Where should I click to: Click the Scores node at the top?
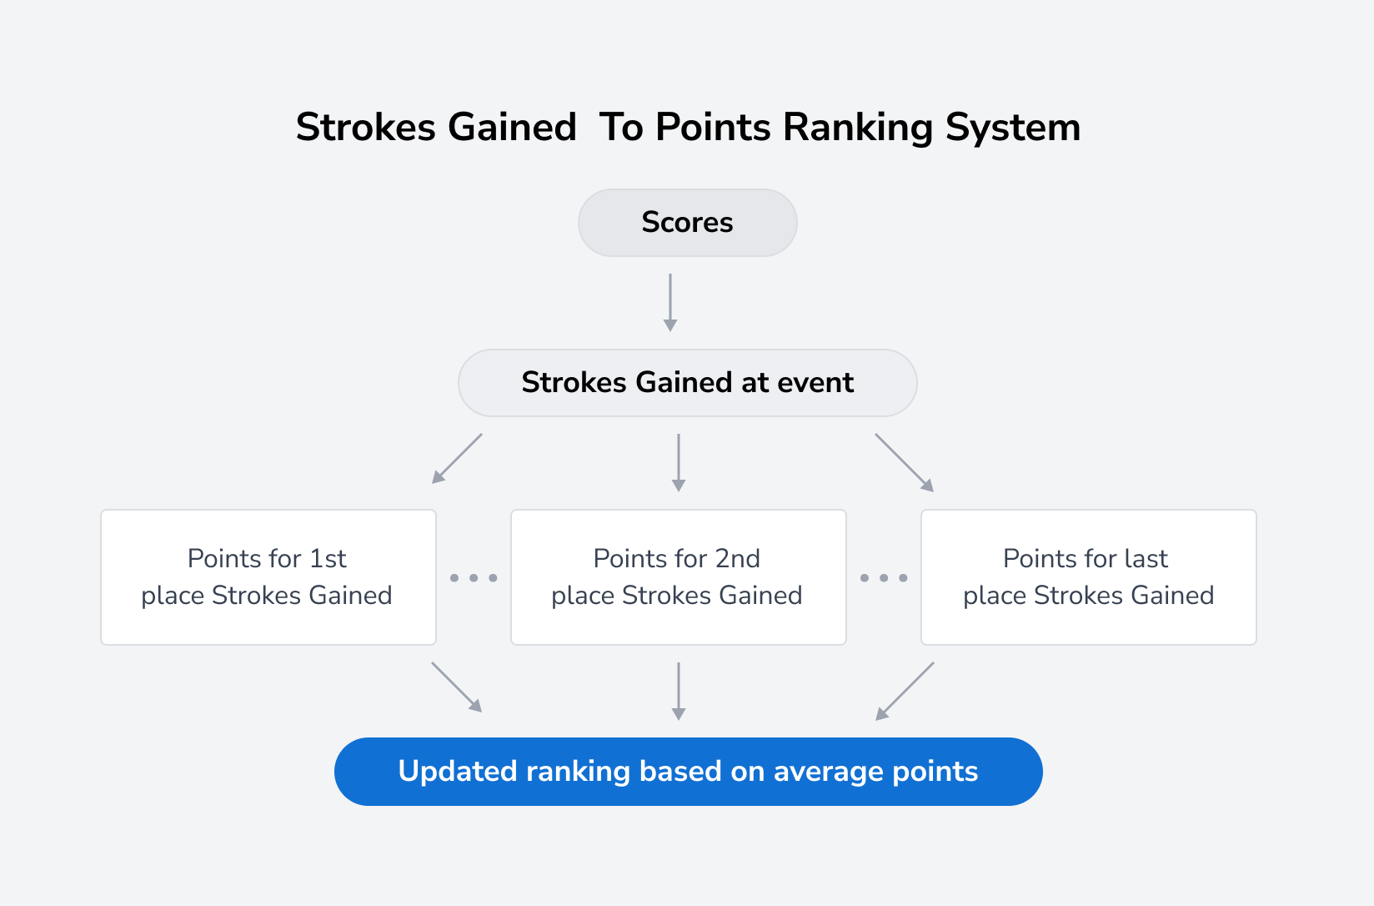point(687,223)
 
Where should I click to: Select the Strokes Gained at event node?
point(687,383)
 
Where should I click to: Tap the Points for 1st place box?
point(268,577)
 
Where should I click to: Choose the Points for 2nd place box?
point(678,577)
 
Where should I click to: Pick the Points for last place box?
point(1088,577)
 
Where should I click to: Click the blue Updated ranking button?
point(688,772)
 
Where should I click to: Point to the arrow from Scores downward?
point(670,302)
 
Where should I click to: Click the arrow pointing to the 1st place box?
point(456,459)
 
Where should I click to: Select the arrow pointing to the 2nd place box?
point(679,462)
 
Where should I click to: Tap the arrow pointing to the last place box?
point(905,462)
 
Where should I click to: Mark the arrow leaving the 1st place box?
point(457,687)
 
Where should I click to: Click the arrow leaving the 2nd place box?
point(679,691)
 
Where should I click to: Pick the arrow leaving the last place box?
point(905,691)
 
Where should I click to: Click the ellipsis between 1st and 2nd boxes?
point(474,577)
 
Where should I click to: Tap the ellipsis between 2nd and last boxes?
point(884,577)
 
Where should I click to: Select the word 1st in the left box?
point(328,558)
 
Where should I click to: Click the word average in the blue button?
point(828,772)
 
